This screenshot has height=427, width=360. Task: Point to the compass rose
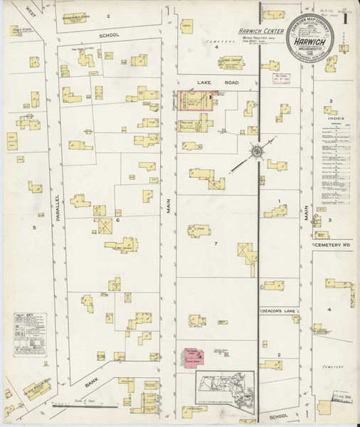[254, 151]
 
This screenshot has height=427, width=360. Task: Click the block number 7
[214, 243]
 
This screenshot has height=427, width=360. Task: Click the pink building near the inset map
[191, 353]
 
